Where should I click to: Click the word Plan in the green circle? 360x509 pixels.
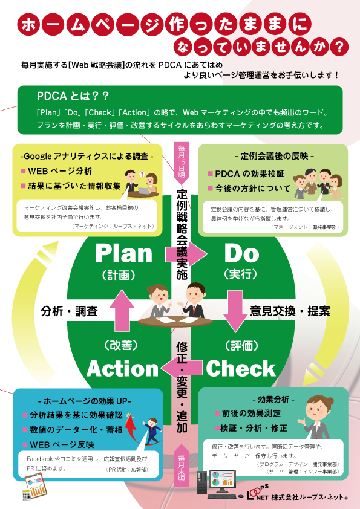[x=124, y=254]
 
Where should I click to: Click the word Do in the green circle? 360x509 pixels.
[x=242, y=254]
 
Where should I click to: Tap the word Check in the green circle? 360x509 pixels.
[x=241, y=369]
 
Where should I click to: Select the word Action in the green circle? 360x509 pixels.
[x=122, y=369]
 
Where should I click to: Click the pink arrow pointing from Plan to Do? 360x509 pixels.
[x=186, y=254]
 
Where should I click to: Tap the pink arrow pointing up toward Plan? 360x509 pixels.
[x=122, y=311]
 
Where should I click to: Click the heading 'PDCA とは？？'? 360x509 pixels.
[x=73, y=96]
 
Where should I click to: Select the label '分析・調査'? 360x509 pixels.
[x=69, y=311]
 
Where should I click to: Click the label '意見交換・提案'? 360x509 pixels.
[x=290, y=311]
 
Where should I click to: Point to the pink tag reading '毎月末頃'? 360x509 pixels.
[x=182, y=465]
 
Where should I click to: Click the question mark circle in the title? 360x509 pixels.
[x=339, y=47]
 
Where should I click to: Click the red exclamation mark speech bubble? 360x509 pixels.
[x=142, y=174]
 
